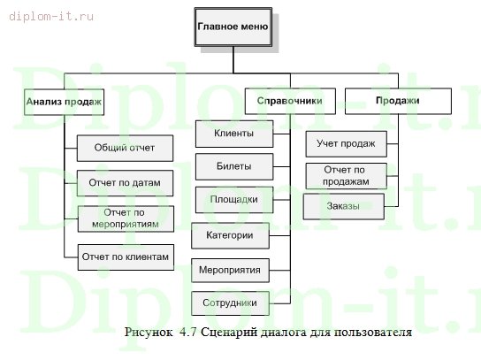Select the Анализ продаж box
click(64, 103)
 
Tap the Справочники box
click(289, 101)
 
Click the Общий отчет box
click(124, 147)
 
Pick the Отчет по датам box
click(124, 182)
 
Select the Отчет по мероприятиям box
click(124, 218)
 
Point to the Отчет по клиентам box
click(124, 257)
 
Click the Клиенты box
click(234, 134)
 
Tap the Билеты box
click(234, 166)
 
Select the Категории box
click(230, 235)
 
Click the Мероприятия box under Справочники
click(230, 269)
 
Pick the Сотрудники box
click(230, 303)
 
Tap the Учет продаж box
click(346, 143)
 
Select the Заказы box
click(343, 207)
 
